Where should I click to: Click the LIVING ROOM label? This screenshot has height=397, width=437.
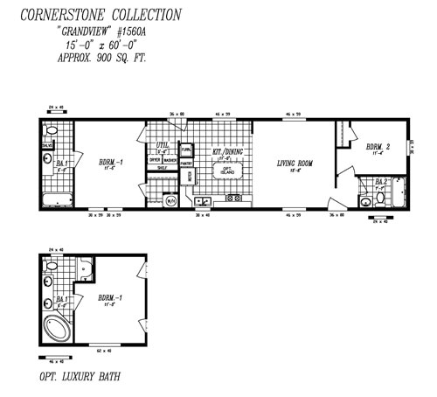(x=295, y=163)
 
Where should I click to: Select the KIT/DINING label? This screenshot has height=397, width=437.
(x=226, y=151)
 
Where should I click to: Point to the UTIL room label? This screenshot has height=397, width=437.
(x=162, y=145)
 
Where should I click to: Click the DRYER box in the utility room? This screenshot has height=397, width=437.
(x=154, y=160)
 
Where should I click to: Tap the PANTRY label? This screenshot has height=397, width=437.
(x=186, y=163)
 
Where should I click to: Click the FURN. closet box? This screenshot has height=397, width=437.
(x=186, y=149)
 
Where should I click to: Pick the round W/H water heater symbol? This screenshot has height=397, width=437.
(x=171, y=200)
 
